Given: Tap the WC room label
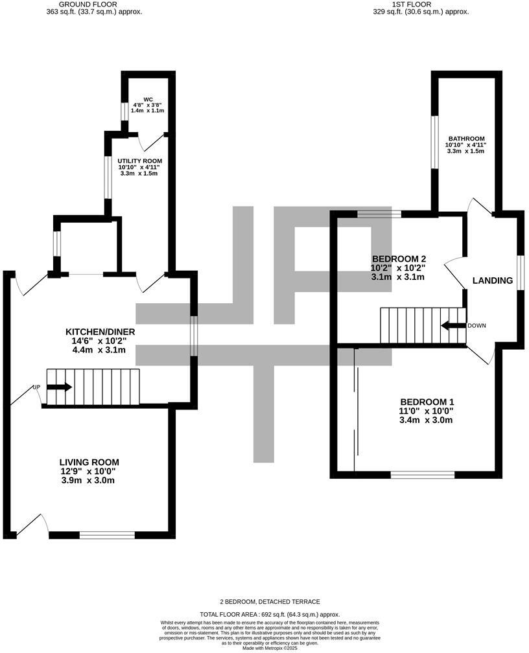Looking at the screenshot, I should (148, 100).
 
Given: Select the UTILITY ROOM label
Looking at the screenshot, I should (139, 161).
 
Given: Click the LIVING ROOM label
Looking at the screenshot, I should (90, 462).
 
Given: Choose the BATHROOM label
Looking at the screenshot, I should (467, 139).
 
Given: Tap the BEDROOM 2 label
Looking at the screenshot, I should (397, 257).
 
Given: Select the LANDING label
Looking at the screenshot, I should (493, 281).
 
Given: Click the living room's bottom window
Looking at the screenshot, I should (107, 535).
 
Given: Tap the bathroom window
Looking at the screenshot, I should (436, 142).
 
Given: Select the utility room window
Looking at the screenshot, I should (109, 176).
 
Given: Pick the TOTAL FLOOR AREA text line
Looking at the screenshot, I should (269, 614).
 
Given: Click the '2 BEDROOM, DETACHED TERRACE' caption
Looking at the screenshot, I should (269, 602).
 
